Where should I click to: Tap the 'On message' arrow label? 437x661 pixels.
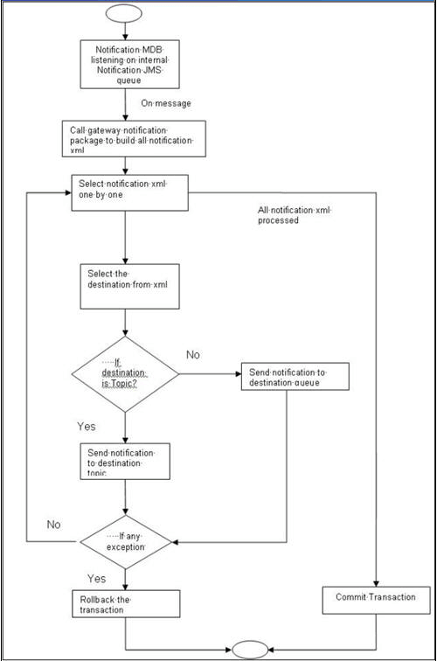(166, 103)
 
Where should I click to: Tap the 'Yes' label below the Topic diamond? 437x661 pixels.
(87, 428)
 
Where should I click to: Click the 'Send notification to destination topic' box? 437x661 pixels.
(121, 461)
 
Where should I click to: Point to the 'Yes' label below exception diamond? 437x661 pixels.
(97, 579)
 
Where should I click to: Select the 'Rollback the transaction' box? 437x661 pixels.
(125, 604)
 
